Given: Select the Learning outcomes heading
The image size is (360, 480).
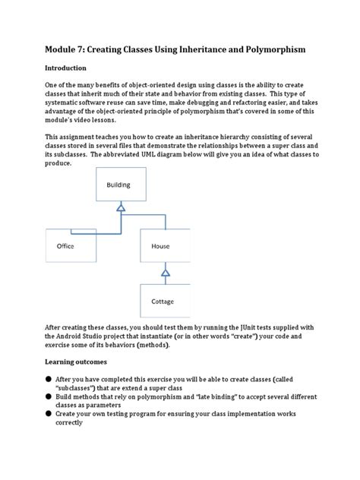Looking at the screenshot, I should pos(80,362).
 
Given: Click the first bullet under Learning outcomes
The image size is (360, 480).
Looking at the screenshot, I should pos(48,379).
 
